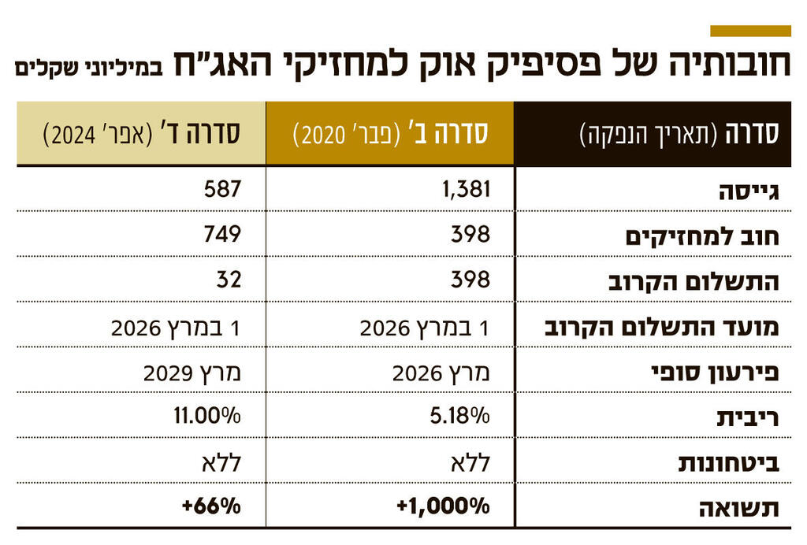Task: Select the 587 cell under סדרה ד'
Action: [221, 189]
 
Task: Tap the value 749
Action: [221, 235]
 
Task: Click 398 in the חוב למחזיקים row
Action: [470, 235]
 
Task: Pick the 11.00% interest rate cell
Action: [207, 417]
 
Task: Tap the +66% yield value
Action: [210, 507]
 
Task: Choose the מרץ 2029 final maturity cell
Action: [192, 372]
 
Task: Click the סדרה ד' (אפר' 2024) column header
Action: [141, 133]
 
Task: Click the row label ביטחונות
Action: [729, 463]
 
